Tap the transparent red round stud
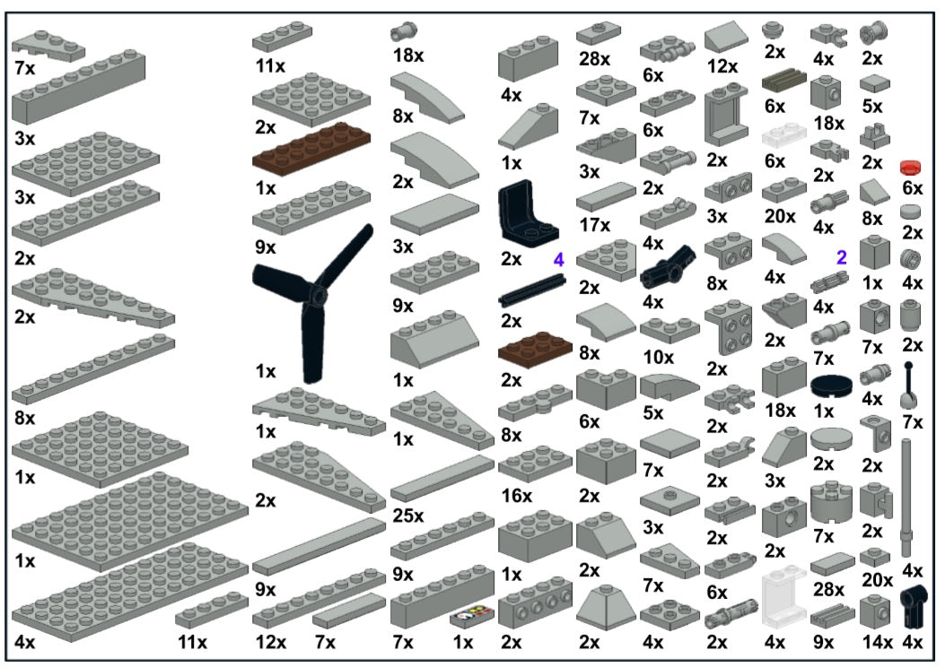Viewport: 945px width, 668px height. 912,167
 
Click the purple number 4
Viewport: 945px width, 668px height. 558,260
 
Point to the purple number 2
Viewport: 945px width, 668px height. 841,257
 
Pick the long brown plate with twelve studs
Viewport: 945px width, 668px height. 311,147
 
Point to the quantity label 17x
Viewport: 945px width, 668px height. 593,224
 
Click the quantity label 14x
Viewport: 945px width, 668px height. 873,642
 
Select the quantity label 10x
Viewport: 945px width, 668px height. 658,357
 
